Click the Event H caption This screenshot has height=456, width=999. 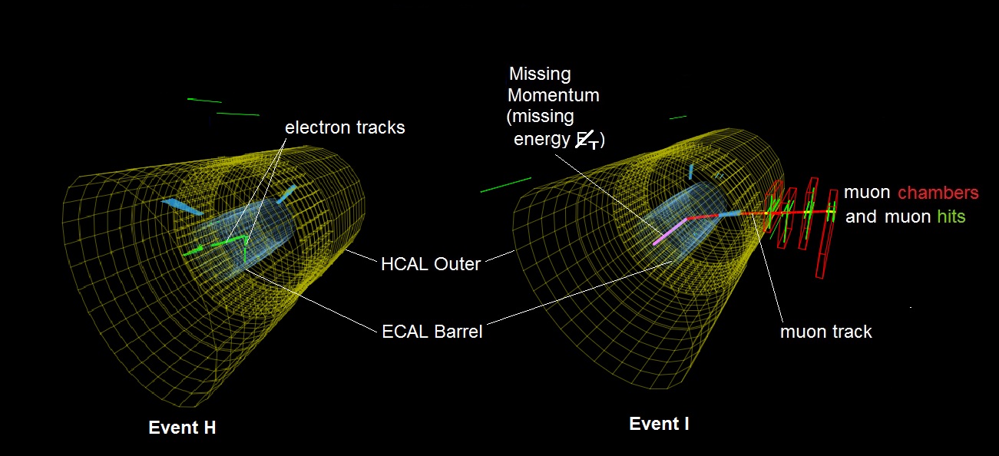pos(182,428)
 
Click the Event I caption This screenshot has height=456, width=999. pos(659,424)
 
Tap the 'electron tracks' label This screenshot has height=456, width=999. pos(345,127)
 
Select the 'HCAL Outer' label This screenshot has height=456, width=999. pos(430,264)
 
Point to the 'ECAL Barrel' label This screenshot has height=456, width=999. pos(432,332)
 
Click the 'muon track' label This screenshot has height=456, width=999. pos(826,332)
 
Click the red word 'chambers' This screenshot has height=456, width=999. pos(938,193)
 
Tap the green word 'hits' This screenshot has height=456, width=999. pos(951,216)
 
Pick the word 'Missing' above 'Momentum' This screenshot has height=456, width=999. pos(540,74)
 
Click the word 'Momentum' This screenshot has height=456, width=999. pos(554,95)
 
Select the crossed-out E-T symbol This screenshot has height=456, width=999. pos(587,140)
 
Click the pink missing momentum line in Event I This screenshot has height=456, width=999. pos(670,231)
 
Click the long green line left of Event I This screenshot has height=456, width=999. pos(506,185)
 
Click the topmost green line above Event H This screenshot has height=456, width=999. pos(204,101)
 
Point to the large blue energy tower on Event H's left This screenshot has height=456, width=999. pos(183,207)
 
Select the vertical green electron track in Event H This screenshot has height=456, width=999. pos(245,250)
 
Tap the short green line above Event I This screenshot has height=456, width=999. pos(678,117)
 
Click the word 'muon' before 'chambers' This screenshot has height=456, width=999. pos(867,193)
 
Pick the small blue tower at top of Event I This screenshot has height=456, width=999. pos(691,172)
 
